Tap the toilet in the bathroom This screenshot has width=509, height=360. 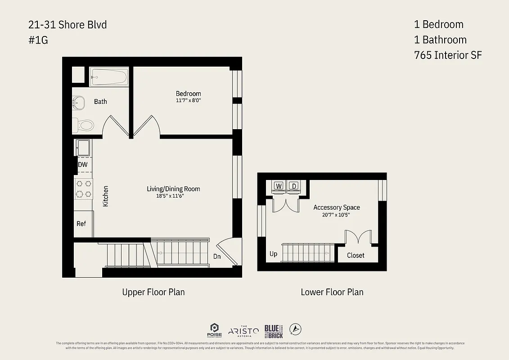pyautogui.click(x=84, y=125)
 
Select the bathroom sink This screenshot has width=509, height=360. pyautogui.click(x=79, y=103)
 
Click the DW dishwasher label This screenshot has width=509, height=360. pyautogui.click(x=83, y=165)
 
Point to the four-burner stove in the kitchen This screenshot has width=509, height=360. pyautogui.click(x=83, y=189)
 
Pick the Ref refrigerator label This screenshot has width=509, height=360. pyautogui.click(x=81, y=224)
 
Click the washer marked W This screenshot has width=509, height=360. pyautogui.click(x=279, y=186)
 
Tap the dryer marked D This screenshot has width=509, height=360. pyautogui.click(x=294, y=186)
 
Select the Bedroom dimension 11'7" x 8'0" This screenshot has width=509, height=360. pyautogui.click(x=188, y=101)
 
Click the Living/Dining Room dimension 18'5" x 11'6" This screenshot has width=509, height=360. pyautogui.click(x=173, y=196)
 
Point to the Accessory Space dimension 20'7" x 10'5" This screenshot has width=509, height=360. pyautogui.click(x=336, y=215)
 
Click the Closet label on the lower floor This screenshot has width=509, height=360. pyautogui.click(x=356, y=255)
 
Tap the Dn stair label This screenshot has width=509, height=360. pyautogui.click(x=217, y=256)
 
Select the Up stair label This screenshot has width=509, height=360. pyautogui.click(x=274, y=254)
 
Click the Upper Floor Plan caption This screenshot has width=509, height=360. pyautogui.click(x=153, y=292)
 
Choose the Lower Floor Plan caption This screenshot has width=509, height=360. pyautogui.click(x=332, y=292)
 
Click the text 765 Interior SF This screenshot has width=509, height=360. pyautogui.click(x=447, y=55)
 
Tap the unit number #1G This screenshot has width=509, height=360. pyautogui.click(x=38, y=40)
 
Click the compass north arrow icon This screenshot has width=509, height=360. pyautogui.click(x=295, y=329)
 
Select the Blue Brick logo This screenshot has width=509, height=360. pyautogui.click(x=274, y=331)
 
